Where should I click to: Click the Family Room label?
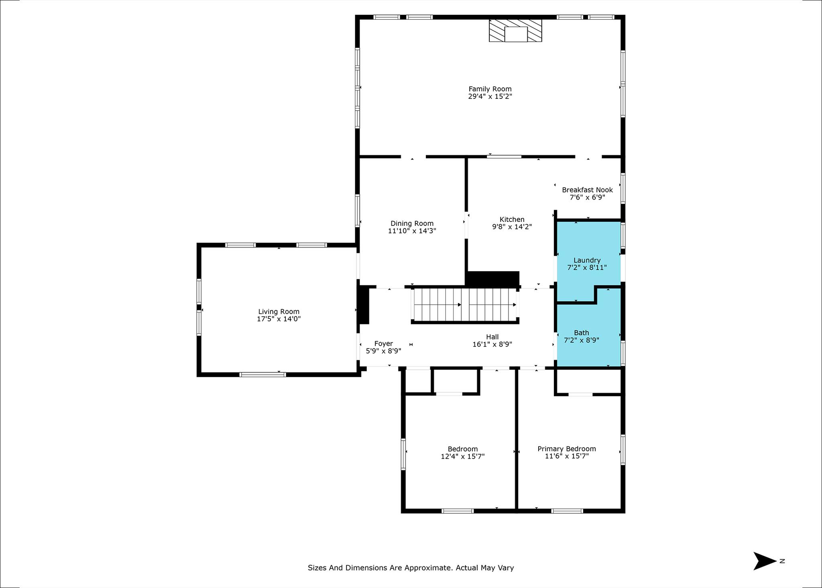[x=490, y=89]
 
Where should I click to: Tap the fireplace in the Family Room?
[x=515, y=31]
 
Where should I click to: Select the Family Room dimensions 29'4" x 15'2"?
[x=490, y=96]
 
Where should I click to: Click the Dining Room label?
[x=412, y=223]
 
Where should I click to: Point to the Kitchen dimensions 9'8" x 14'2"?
[x=512, y=227]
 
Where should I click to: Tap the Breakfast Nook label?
[x=587, y=190]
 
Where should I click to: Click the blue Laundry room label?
[x=587, y=260]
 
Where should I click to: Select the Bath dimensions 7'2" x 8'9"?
[x=581, y=340]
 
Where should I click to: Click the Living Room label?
[x=279, y=311]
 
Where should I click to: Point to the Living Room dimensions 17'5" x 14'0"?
[x=279, y=319]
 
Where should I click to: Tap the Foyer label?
[x=383, y=344]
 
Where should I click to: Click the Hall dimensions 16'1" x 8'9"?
[x=492, y=344]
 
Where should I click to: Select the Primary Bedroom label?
[x=566, y=449]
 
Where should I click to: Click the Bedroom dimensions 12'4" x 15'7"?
[x=462, y=456]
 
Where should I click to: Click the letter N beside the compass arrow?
[x=782, y=561]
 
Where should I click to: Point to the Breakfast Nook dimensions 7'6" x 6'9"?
[x=587, y=197]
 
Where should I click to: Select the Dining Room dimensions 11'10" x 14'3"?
[x=412, y=231]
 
